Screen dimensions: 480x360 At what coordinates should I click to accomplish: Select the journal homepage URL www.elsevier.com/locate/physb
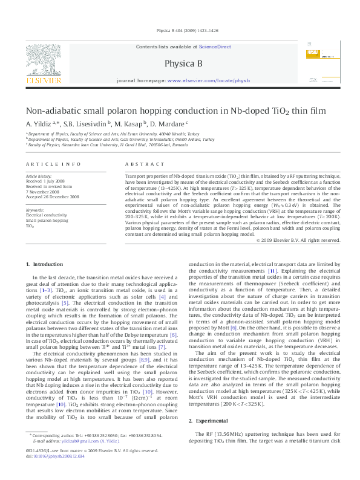[x=208, y=80]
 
